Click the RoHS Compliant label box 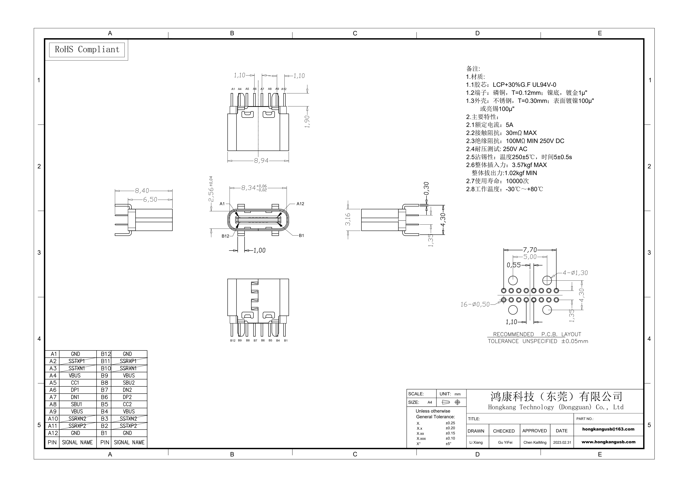(87, 50)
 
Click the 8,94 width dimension (261, 160)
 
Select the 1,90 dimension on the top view (307, 121)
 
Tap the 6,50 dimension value (150, 199)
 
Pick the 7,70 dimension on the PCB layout (530, 250)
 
